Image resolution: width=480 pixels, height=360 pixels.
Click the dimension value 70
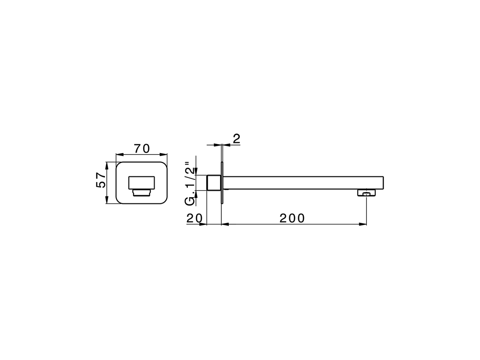pyautogui.click(x=142, y=148)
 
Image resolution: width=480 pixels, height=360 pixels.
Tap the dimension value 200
pyautogui.click(x=292, y=218)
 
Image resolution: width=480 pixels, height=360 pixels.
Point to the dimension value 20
pyautogui.click(x=195, y=218)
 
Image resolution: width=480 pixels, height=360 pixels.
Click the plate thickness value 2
pyautogui.click(x=236, y=139)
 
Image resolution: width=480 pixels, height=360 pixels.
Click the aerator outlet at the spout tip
pyautogui.click(x=366, y=193)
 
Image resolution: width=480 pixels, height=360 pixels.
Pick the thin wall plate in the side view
pyautogui.click(x=222, y=183)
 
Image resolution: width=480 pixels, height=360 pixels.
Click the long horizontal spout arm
pyautogui.click(x=300, y=183)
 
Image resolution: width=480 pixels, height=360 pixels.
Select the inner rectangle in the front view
pyautogui.click(x=141, y=182)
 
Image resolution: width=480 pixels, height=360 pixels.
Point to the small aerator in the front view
pyautogui.click(x=141, y=192)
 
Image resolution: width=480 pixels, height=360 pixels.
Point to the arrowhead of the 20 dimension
pyautogui.click(x=204, y=224)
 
